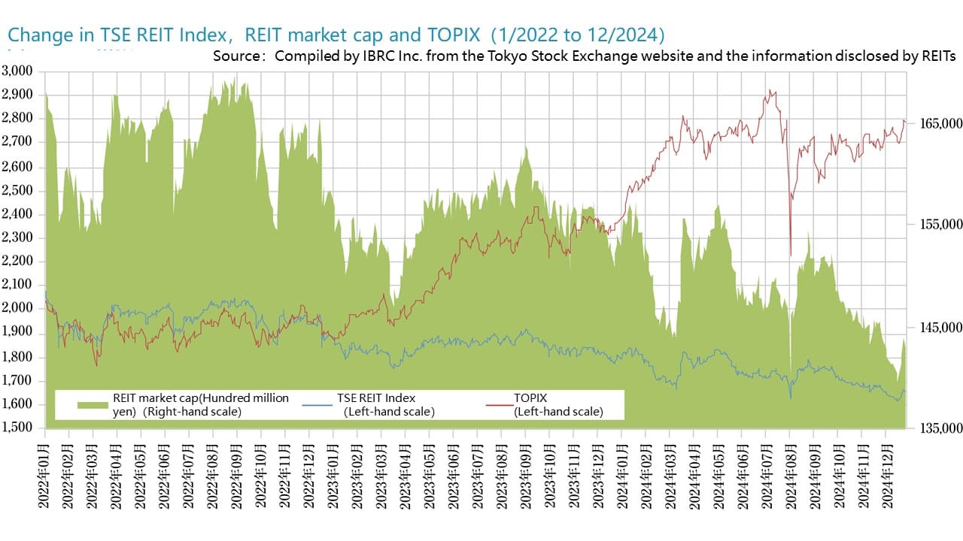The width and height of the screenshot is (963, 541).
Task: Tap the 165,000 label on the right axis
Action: [937, 122]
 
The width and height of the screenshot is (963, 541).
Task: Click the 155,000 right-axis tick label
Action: [937, 225]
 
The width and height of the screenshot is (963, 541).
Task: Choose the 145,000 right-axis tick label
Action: [937, 328]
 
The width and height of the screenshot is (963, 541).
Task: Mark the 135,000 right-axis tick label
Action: [937, 428]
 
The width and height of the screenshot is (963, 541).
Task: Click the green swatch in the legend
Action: [93, 405]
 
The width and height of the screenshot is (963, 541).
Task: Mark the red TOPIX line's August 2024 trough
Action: [790, 255]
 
